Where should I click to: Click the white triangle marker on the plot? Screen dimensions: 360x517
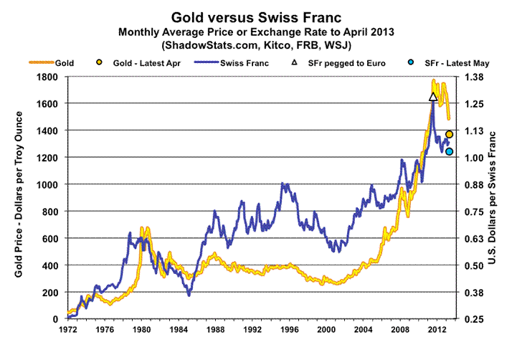pos(433,97)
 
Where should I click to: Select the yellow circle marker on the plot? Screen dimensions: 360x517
pos(450,134)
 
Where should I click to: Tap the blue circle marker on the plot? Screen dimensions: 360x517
pos(449,151)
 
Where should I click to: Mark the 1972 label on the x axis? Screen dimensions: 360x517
pos(67,331)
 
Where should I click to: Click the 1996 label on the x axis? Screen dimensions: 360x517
pos(288,331)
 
